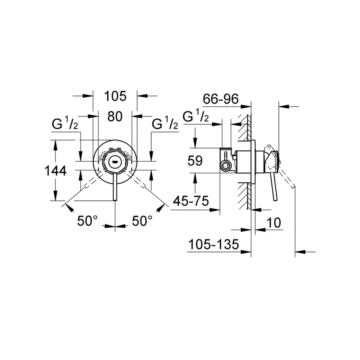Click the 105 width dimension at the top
(x=115, y=96)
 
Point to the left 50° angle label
(x=88, y=221)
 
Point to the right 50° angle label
(x=142, y=221)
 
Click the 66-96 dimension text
(x=220, y=99)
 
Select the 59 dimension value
(x=195, y=161)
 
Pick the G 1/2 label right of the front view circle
(x=165, y=125)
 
